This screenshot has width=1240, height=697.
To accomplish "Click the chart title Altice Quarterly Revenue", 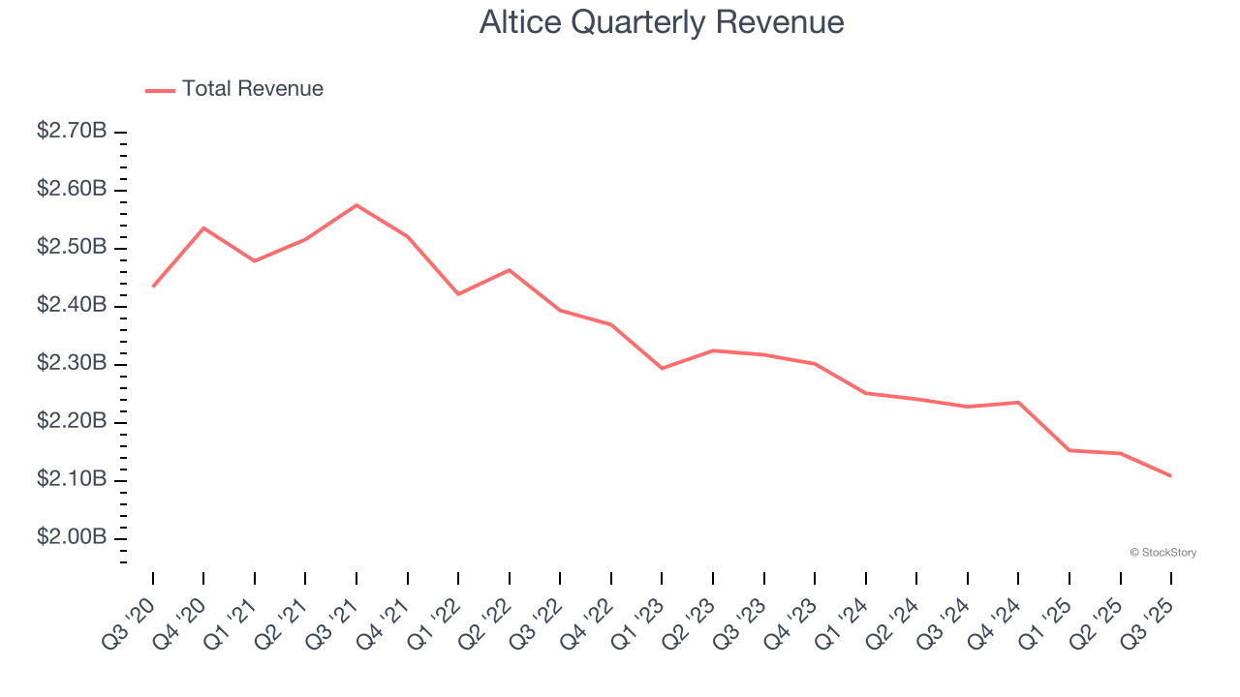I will click(x=662, y=22).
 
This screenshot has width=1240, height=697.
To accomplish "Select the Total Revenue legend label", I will click(x=252, y=89).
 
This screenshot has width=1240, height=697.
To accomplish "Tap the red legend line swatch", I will click(x=160, y=90).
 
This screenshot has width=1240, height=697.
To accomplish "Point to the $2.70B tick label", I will click(x=72, y=131).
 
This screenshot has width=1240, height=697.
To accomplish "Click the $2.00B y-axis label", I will click(x=72, y=537).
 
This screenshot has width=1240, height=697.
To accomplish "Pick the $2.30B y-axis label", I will click(x=72, y=363).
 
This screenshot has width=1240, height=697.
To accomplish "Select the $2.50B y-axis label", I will click(x=72, y=247).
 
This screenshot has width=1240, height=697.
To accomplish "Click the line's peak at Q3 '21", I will click(x=356, y=205).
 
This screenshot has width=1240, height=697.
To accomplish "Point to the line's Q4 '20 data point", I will click(x=203, y=227).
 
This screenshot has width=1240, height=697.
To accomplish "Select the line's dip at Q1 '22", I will click(x=458, y=293).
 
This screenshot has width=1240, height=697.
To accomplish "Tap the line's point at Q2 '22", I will click(x=510, y=270).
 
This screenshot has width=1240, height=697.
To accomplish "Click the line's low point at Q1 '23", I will click(x=662, y=368).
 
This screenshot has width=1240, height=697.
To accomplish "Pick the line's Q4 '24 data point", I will click(x=1018, y=402).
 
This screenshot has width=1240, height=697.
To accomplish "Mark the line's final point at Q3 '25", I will click(x=1170, y=475).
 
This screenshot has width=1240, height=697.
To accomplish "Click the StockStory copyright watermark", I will click(x=1162, y=553).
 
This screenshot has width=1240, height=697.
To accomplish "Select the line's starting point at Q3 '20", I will click(x=153, y=287).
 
